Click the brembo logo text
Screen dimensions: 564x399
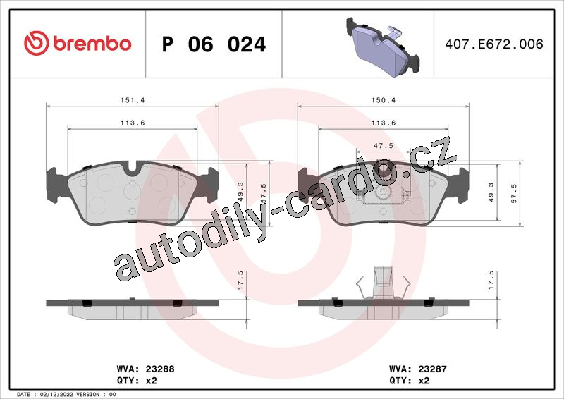pos(92,44)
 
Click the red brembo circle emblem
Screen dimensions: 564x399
pos(37,43)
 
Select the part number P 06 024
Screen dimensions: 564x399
pos(214,44)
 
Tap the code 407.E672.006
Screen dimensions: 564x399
pos(494,44)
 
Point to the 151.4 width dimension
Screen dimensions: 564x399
pos(133,100)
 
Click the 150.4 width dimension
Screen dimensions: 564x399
pos(383,100)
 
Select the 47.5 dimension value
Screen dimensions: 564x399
pos(383,146)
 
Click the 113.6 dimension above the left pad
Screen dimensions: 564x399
pos(133,123)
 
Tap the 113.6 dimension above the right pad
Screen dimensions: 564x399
pos(383,123)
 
